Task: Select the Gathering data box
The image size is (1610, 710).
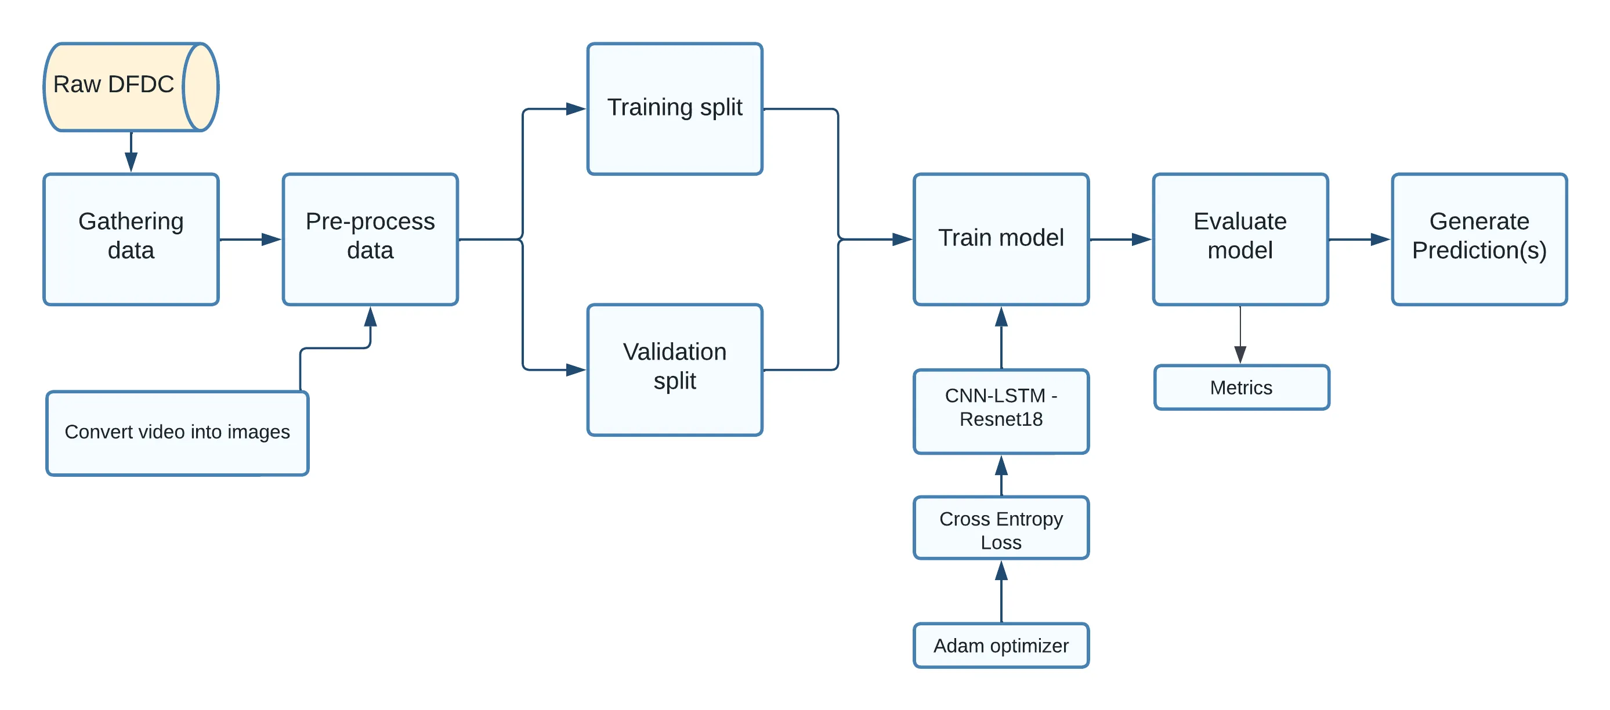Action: click(x=131, y=240)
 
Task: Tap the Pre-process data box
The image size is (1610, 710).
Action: click(x=370, y=240)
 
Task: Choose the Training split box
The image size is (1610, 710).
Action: click(x=674, y=108)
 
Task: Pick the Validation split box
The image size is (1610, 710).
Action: click(x=674, y=370)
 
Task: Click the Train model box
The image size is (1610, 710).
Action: click(x=1001, y=240)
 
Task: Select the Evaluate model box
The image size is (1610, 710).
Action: click(x=1240, y=240)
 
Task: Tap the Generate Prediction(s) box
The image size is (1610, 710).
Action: click(x=1479, y=240)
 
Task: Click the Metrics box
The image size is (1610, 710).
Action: click(x=1241, y=387)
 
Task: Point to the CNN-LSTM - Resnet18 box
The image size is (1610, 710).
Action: click(x=1001, y=411)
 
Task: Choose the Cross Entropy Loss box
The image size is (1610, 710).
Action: click(x=1001, y=528)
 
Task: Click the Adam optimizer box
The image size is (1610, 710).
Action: click(x=1001, y=646)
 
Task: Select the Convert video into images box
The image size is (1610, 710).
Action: click(x=177, y=433)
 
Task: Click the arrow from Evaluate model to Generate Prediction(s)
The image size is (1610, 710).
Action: click(x=1359, y=240)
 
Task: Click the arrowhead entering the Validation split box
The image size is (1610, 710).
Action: click(x=576, y=370)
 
